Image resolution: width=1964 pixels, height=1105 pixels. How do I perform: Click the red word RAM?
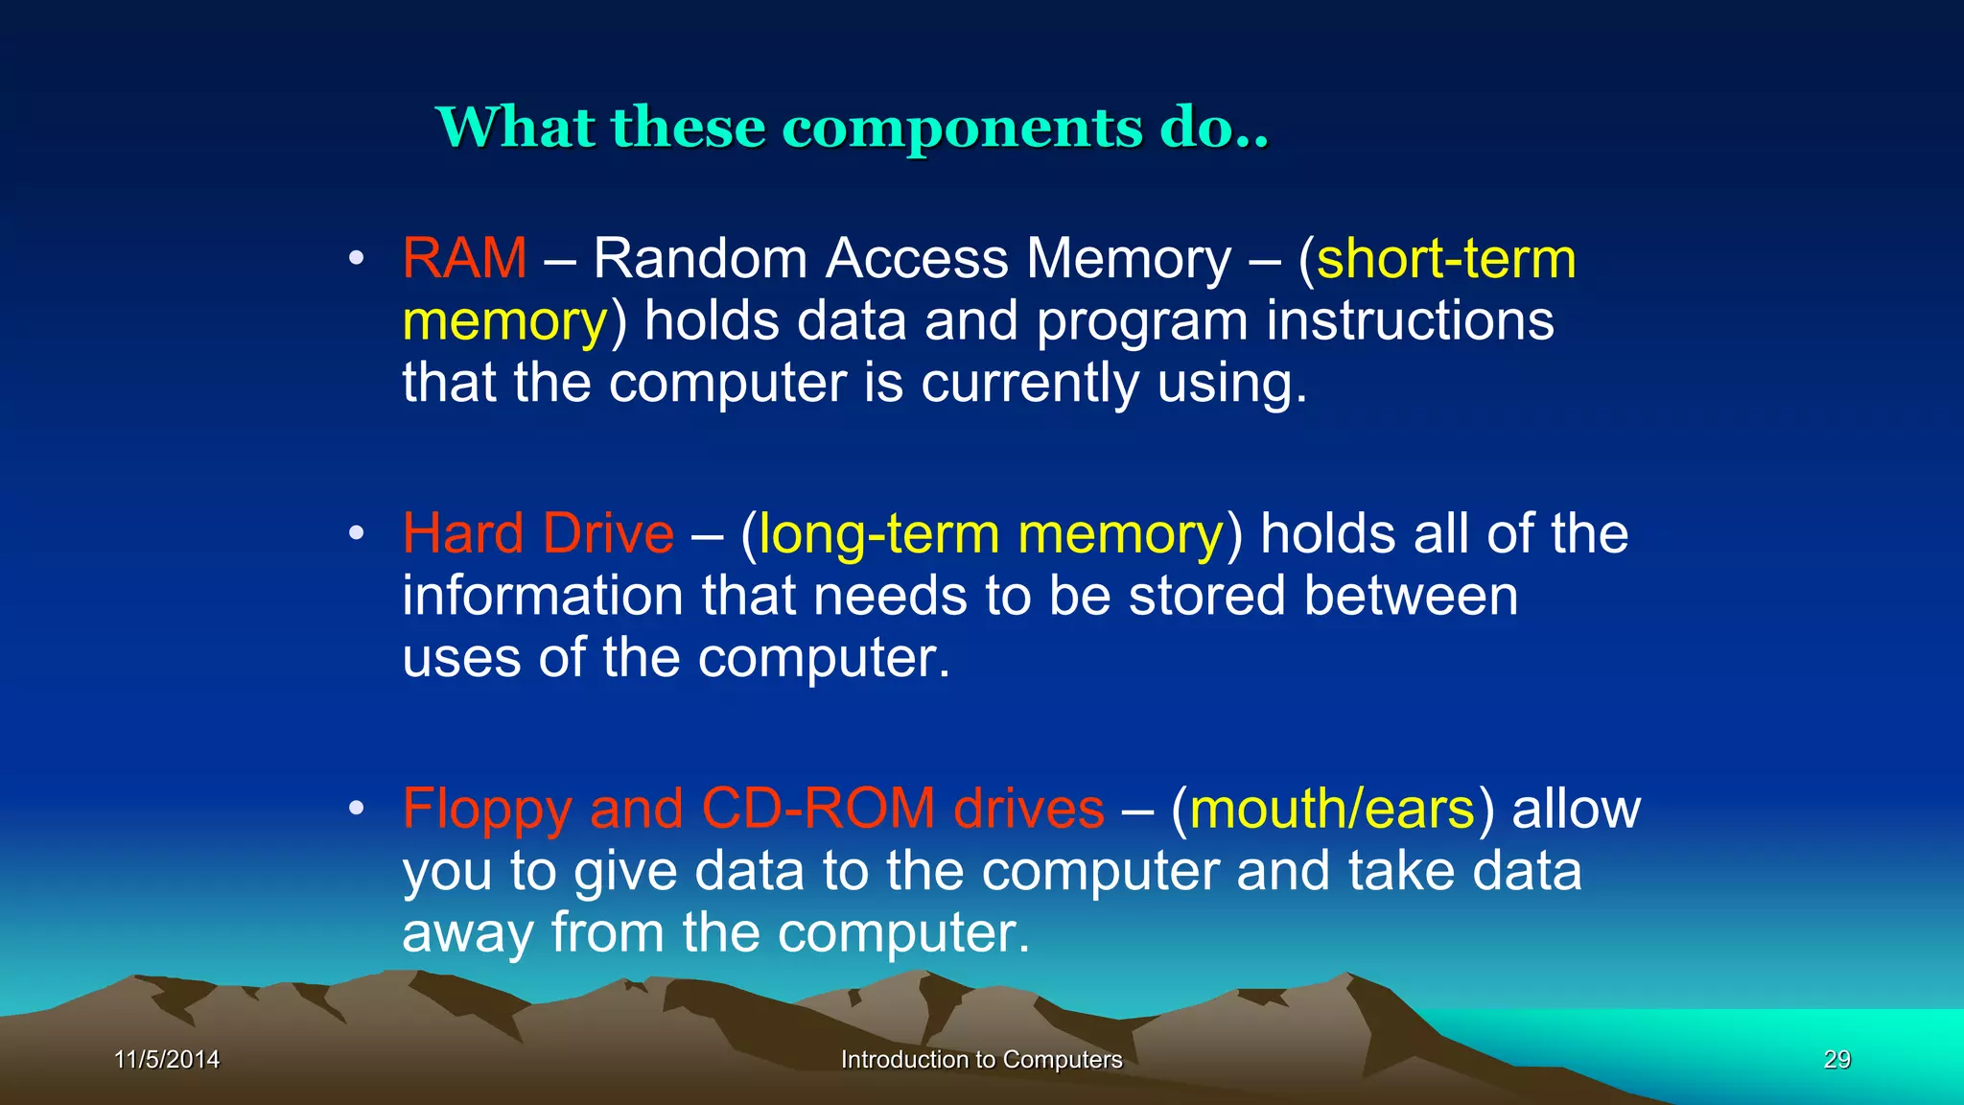[464, 259]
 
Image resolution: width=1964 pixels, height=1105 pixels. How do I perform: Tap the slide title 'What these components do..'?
[852, 127]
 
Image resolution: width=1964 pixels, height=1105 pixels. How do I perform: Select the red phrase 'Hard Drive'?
[538, 533]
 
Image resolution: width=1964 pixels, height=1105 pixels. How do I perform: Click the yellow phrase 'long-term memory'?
[991, 535]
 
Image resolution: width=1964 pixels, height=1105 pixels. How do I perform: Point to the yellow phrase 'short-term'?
[1446, 259]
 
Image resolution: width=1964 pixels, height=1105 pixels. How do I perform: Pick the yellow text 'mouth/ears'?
[1332, 810]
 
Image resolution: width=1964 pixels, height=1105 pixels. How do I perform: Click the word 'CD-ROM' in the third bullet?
[818, 809]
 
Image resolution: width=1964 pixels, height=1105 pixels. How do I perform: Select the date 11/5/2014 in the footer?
[167, 1060]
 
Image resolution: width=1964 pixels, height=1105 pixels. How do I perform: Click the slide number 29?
[1836, 1060]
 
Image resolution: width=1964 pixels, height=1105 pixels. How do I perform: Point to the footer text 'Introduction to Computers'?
[981, 1060]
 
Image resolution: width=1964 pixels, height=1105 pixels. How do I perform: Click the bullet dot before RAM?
[357, 259]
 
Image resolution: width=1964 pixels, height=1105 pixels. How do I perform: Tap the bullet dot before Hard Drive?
[357, 533]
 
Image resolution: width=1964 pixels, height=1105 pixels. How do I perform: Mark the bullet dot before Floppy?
[357, 809]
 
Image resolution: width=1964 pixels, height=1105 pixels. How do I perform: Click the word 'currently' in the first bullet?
[1030, 384]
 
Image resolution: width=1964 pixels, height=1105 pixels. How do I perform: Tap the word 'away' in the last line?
[467, 934]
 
